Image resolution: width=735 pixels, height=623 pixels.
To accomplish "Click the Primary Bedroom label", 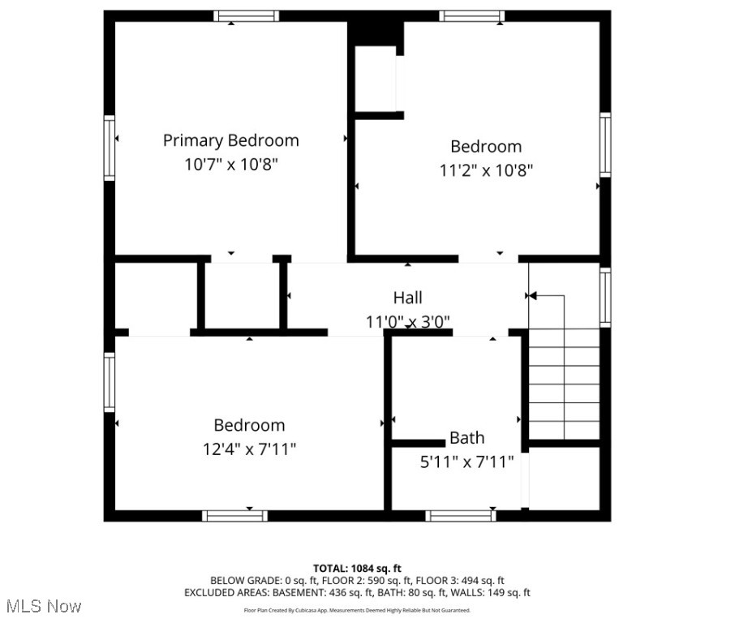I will tap(230, 140).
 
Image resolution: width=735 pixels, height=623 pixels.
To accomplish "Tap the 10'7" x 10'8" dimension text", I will tap(230, 164).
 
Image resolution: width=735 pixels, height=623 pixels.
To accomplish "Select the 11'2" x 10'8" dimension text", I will tap(486, 170).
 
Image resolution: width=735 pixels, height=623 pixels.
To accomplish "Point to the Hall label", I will tap(407, 298).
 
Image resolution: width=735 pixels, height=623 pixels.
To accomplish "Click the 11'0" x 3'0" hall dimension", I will tap(407, 321).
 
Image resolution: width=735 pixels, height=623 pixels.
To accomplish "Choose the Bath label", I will tap(466, 438).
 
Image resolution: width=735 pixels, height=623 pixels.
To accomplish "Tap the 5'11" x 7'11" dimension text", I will tap(466, 462).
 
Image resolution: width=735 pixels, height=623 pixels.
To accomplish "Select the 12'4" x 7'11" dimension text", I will tap(249, 449).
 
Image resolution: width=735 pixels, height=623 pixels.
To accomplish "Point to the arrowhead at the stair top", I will tap(533, 296).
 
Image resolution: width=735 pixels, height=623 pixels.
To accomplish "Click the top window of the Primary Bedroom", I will tap(247, 15).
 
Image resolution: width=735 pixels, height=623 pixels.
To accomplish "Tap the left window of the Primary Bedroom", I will tap(109, 147).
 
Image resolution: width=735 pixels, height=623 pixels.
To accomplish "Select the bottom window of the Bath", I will tap(460, 515).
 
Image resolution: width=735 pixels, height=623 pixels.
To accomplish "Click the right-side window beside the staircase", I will tap(605, 297).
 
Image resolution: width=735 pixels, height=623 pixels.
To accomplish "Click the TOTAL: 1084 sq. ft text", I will tap(357, 568).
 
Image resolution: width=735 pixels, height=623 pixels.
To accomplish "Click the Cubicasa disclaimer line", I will tap(357, 610).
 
